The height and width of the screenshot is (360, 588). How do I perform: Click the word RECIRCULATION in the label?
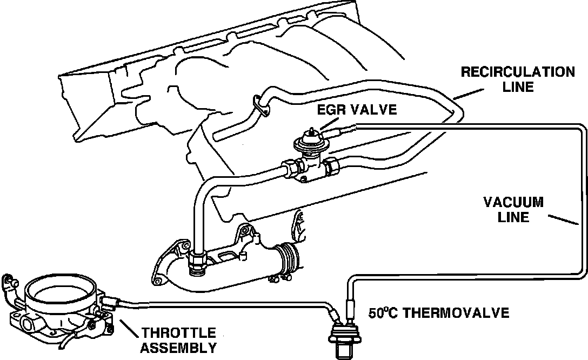pyautogui.click(x=518, y=72)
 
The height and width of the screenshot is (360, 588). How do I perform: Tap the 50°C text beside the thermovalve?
pyautogui.click(x=387, y=312)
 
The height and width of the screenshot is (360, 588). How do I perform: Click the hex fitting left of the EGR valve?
pyautogui.click(x=290, y=168)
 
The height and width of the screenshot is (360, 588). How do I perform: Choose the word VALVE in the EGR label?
pyautogui.click(x=373, y=110)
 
